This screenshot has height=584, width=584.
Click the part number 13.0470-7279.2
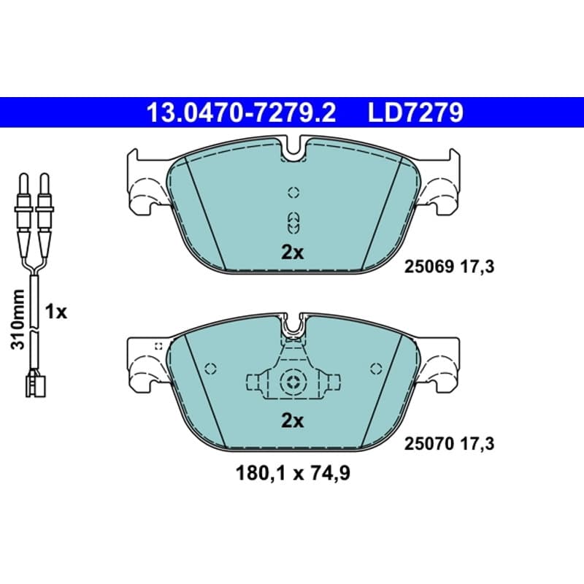[x=242, y=112]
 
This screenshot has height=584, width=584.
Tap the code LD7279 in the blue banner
[x=415, y=112]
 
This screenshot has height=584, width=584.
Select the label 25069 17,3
[x=449, y=267]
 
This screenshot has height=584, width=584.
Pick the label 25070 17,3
[x=449, y=444]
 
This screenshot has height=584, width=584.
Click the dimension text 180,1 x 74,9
[x=293, y=474]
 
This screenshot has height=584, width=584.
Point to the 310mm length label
[x=18, y=319]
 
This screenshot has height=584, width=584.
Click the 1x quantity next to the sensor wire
[x=56, y=312]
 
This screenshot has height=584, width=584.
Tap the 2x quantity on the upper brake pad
[x=293, y=253]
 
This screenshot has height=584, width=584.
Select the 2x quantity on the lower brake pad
[x=293, y=421]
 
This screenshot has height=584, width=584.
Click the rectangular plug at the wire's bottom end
[x=35, y=385]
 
